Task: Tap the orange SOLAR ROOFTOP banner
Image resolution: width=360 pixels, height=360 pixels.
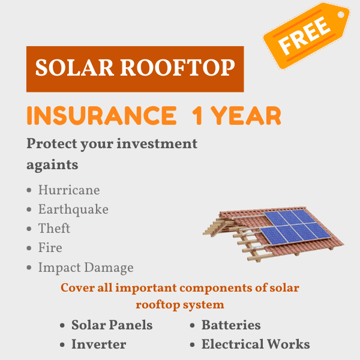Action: pos(135,68)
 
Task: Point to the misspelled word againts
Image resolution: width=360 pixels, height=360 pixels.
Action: pos(53,164)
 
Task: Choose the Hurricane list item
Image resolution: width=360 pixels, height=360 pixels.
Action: pos(69,190)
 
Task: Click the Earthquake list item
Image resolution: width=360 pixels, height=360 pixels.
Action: pos(73,209)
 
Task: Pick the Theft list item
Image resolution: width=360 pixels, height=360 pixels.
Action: pos(54,229)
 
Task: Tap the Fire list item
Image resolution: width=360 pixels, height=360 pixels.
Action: pos(50,248)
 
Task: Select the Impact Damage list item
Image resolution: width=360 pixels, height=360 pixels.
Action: pos(86,268)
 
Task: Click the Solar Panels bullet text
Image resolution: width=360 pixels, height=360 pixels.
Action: pos(112,325)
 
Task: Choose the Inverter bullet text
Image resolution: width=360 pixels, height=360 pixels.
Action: pos(99,344)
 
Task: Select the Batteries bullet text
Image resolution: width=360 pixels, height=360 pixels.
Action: pos(231,325)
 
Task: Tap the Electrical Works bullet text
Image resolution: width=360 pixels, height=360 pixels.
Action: pos(256,344)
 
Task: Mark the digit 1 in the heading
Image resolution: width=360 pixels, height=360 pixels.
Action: pos(197,115)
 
